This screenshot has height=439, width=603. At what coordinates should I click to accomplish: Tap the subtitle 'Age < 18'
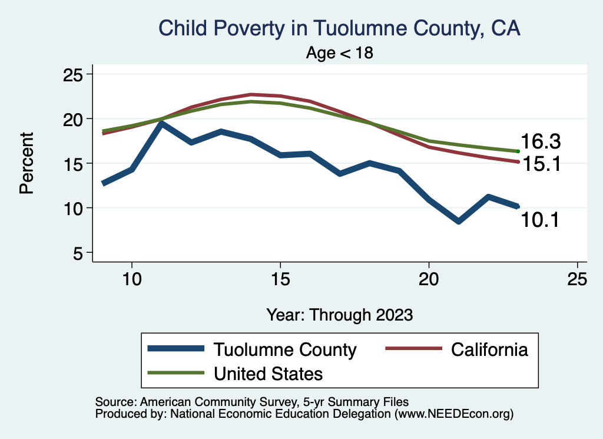pyautogui.click(x=340, y=53)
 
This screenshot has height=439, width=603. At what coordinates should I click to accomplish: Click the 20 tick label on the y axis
pyautogui.click(x=76, y=118)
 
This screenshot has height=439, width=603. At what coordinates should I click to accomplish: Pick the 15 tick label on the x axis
pyautogui.click(x=280, y=279)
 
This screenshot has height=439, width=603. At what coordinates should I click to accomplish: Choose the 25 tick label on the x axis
pyautogui.click(x=577, y=279)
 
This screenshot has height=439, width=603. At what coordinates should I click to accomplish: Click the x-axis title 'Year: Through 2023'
pyautogui.click(x=340, y=314)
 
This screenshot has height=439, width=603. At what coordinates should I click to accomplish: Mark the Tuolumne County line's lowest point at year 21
pyautogui.click(x=459, y=221)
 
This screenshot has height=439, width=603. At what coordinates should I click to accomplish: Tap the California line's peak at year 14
pyautogui.click(x=251, y=94)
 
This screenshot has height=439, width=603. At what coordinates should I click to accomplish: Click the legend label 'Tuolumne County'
pyautogui.click(x=285, y=349)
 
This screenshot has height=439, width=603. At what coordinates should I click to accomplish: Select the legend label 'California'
pyautogui.click(x=489, y=349)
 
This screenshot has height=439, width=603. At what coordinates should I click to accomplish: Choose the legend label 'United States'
pyautogui.click(x=268, y=373)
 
